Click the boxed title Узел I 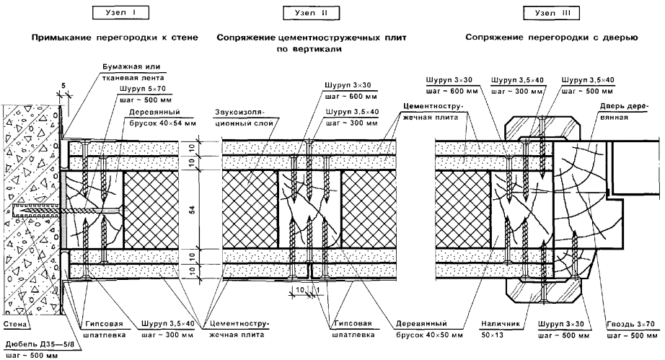[115, 12]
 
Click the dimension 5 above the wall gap [63, 85]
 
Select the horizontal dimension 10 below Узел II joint [299, 289]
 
